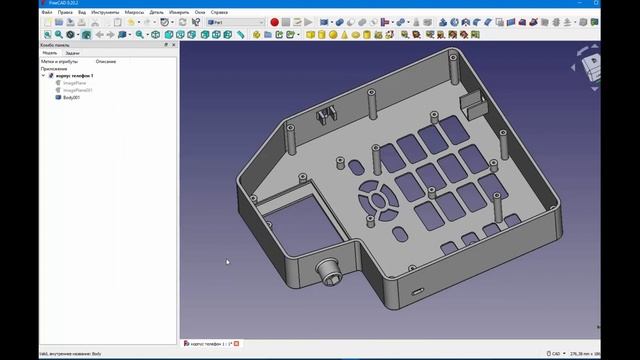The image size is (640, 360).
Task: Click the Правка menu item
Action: (x=65, y=12)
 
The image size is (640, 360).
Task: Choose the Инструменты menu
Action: (x=103, y=12)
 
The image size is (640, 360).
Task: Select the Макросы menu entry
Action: (x=135, y=12)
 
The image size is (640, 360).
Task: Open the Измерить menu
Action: (x=179, y=12)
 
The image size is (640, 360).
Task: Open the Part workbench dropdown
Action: (x=236, y=22)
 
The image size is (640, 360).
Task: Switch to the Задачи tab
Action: (x=72, y=53)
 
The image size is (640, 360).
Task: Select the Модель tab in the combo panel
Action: (x=49, y=53)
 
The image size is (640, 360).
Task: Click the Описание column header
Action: (x=106, y=61)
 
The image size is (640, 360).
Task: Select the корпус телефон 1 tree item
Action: (x=74, y=76)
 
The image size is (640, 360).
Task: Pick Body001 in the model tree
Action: (x=70, y=98)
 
